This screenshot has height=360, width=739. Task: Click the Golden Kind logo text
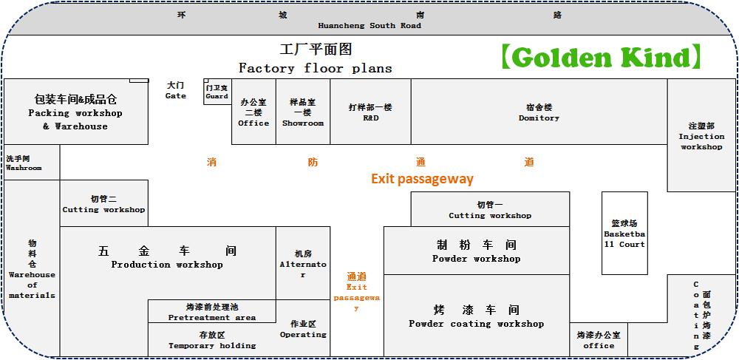[599, 57]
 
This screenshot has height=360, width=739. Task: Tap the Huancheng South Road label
[369, 25]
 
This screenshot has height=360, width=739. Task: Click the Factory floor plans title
[316, 67]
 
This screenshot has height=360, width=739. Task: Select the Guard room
[217, 92]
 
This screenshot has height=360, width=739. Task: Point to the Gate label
[176, 90]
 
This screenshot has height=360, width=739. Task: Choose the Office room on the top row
[253, 112]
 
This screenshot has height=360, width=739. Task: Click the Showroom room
[303, 112]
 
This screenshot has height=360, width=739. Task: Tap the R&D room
[370, 112]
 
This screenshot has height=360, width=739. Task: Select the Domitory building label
[539, 112]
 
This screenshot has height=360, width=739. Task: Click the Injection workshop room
[701, 136]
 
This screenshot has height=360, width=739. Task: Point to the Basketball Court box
[624, 234]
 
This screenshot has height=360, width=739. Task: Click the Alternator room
[303, 264]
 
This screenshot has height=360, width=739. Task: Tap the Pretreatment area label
[212, 312]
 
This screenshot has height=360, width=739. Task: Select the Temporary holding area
[212, 340]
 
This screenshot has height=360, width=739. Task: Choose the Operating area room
[303, 329]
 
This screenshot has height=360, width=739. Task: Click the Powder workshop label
[477, 251]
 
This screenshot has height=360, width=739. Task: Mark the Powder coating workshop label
[477, 316]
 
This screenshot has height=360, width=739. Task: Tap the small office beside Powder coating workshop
[599, 340]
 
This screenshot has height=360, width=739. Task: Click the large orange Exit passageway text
[422, 179]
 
